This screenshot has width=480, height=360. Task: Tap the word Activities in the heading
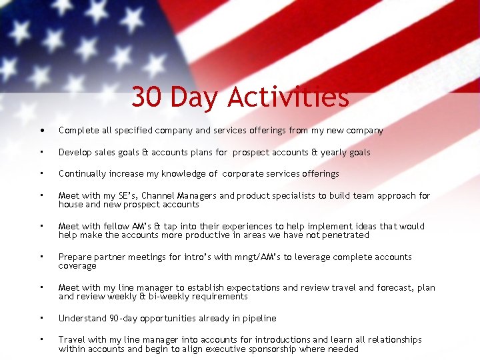coord(287,97)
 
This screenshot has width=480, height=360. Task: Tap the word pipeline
coord(259,319)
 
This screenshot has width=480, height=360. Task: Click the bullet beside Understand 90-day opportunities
coord(41,318)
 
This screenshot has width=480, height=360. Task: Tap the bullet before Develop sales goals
coord(41,152)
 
